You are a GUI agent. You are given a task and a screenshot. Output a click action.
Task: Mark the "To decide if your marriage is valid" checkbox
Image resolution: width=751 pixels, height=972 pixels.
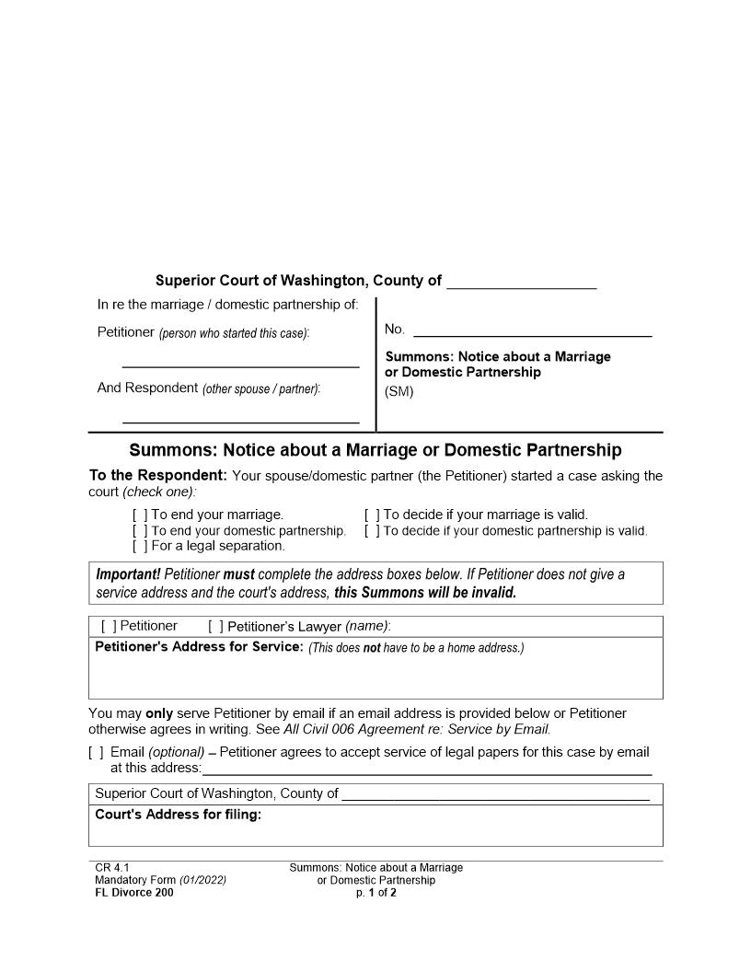coord(372,515)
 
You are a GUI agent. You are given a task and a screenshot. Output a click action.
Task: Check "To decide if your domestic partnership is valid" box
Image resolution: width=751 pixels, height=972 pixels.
coord(372,531)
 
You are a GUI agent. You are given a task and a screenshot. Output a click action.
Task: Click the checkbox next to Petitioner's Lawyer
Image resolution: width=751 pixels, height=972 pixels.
coord(215,627)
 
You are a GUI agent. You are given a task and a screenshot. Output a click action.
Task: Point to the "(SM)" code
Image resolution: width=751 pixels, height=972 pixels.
coord(399,391)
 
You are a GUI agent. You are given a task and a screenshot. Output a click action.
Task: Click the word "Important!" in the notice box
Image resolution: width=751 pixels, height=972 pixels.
coord(128,574)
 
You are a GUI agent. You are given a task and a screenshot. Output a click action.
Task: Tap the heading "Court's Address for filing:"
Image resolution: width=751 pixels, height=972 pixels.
coord(178,815)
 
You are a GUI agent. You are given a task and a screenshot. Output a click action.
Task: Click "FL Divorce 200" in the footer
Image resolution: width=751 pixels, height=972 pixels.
coord(133,892)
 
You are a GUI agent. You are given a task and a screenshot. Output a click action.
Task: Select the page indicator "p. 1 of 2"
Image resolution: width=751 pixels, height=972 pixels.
coord(375,892)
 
